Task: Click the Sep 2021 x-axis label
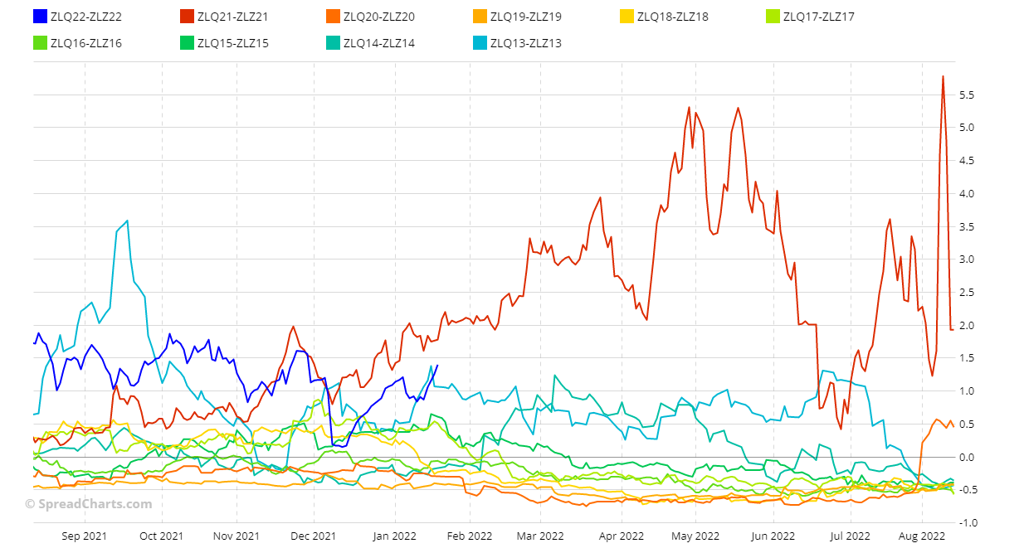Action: [85, 536]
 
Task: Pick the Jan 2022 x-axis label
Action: [393, 536]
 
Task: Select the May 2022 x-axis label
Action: [695, 536]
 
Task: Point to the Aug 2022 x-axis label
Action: [922, 536]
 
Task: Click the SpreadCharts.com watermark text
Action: [88, 504]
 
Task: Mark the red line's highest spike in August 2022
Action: [943, 76]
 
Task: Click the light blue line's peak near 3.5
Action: [127, 221]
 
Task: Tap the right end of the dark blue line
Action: [437, 366]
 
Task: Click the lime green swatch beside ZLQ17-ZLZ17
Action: [773, 17]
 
